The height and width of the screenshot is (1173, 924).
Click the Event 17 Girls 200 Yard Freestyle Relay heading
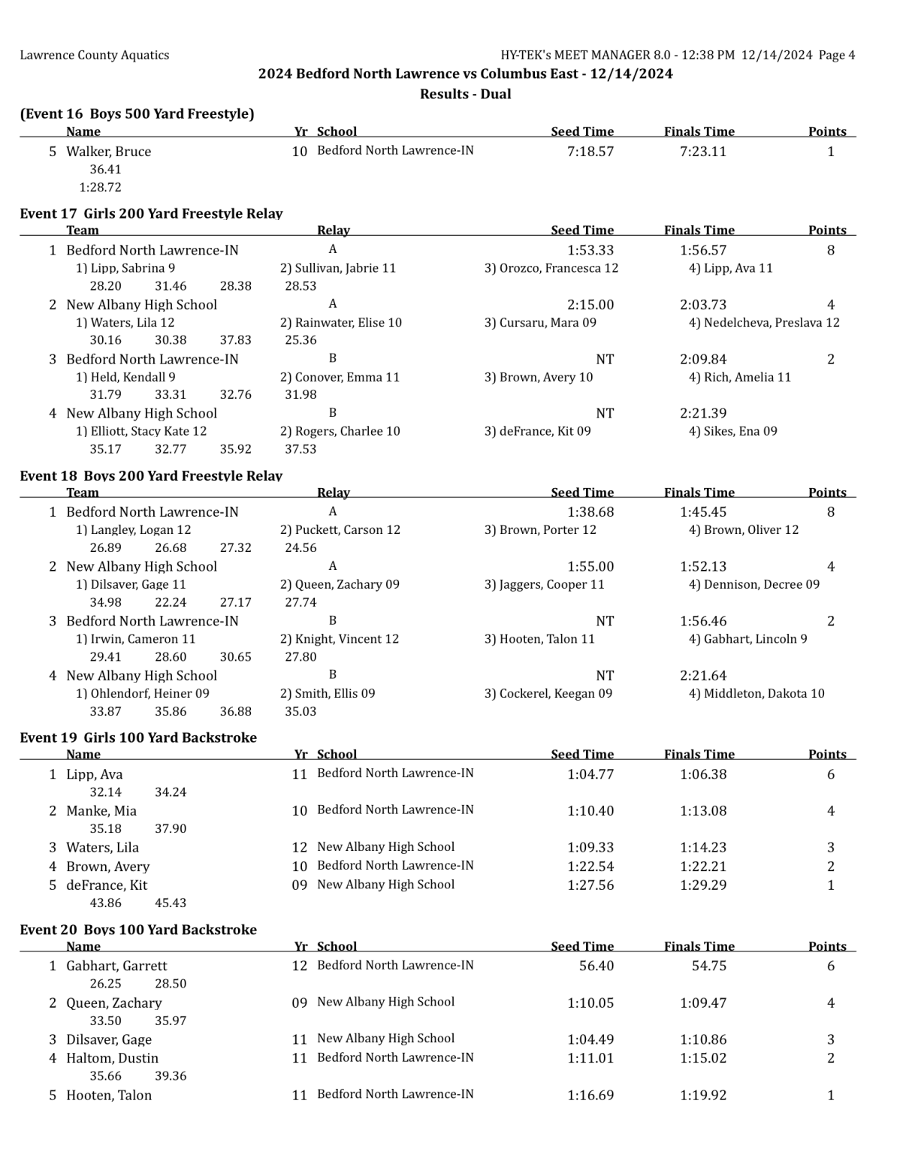151,213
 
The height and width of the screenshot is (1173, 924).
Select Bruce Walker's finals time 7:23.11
702,151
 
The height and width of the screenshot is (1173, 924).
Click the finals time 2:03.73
702,304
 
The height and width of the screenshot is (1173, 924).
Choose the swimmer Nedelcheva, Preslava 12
764,323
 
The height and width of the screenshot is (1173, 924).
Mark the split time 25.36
300,340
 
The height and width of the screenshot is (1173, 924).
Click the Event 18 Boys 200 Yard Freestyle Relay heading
151,475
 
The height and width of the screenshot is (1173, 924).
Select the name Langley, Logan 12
133,530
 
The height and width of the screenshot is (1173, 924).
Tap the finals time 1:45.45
702,512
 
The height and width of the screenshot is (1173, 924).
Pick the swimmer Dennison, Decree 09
754,584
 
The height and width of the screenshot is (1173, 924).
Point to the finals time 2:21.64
702,676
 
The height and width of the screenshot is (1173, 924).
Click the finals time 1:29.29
702,885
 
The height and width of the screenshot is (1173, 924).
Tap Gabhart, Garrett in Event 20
116,966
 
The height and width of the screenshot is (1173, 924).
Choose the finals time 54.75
708,966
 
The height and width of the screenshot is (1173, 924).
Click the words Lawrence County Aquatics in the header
95,55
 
